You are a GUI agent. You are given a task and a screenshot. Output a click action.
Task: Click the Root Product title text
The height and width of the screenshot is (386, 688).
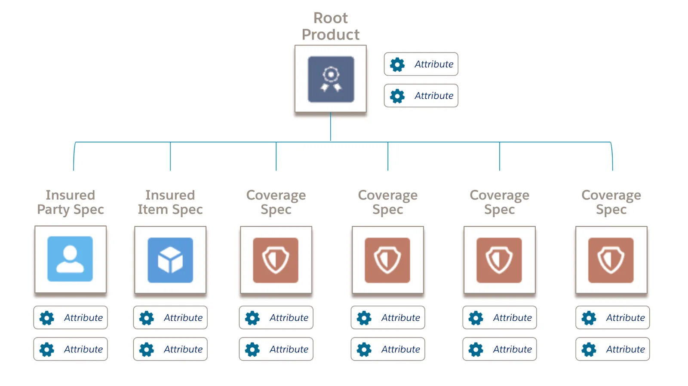coord(330,26)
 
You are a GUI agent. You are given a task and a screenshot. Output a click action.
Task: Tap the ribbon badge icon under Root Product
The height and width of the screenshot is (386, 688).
coord(331,79)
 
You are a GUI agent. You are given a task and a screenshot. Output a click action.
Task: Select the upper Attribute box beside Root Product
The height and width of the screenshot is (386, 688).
coord(421,64)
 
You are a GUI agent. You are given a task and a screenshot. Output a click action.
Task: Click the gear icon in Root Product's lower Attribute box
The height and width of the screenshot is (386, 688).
coord(397,96)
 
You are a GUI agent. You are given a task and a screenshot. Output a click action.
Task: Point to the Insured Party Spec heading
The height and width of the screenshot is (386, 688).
coord(71,202)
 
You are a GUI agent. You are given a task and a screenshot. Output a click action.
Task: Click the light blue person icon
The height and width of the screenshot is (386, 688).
coord(70,259)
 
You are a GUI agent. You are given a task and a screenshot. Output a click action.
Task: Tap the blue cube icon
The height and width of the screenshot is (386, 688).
coord(170,260)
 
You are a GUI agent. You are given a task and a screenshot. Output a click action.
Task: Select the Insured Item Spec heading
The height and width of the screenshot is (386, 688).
coord(170,202)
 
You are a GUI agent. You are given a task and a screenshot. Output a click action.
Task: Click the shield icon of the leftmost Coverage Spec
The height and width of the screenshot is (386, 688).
coord(276,260)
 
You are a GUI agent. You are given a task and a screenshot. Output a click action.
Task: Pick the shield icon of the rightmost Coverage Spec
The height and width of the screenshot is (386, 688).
coord(611,260)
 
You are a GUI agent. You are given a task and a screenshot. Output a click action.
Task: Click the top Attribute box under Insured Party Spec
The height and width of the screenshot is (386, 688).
coord(71,318)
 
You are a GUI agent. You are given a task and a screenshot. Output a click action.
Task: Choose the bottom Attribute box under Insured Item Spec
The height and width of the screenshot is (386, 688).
coord(170,349)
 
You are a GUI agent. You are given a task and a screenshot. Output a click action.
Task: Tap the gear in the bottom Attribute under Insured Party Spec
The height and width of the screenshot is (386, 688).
coord(47,350)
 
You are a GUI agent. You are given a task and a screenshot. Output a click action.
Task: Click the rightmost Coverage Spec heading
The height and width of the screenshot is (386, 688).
coord(611,202)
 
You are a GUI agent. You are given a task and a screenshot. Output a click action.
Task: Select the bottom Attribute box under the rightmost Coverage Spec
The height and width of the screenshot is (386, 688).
coord(612,349)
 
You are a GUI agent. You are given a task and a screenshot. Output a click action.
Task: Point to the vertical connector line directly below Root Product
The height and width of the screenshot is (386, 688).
coord(331,127)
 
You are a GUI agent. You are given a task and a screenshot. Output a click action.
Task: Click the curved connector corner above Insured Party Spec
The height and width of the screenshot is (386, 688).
coord(75,146)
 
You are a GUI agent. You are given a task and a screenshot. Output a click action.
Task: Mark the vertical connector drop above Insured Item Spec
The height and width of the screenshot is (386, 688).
coord(170,157)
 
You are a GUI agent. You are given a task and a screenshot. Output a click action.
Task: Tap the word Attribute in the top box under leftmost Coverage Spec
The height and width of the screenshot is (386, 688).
coord(289,318)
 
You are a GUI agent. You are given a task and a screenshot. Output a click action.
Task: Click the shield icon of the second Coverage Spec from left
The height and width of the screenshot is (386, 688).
coord(387,260)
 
